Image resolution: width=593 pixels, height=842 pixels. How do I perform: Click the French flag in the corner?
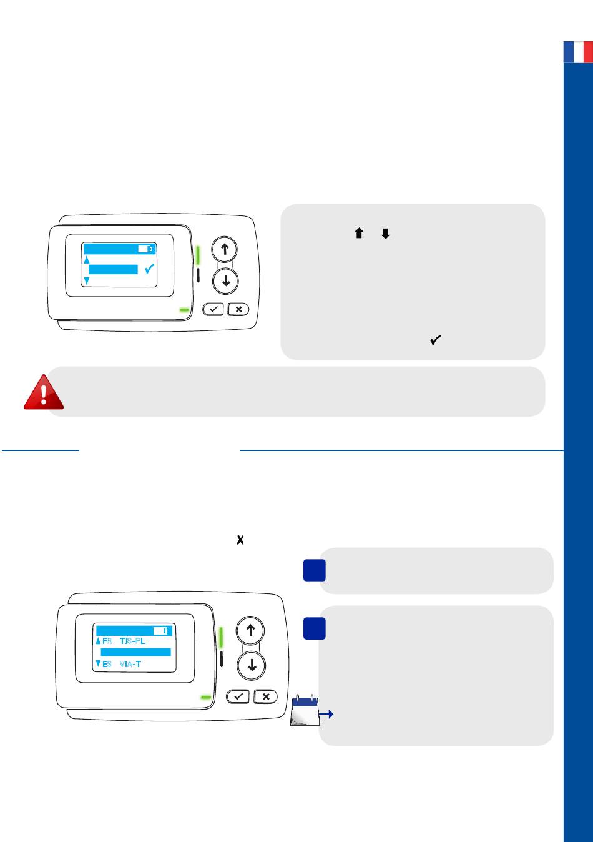578,52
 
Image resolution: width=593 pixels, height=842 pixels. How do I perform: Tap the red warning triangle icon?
44,392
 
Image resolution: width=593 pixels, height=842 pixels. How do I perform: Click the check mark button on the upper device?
213,309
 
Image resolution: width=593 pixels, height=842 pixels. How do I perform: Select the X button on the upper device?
238,309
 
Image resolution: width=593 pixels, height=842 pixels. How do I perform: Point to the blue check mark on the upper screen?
149,269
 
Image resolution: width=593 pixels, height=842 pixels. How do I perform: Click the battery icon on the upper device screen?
145,249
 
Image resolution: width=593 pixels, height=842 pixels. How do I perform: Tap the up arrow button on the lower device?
250,630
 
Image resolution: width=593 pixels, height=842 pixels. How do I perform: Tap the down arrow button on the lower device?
252,666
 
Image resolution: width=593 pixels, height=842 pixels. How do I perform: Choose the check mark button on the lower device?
238,696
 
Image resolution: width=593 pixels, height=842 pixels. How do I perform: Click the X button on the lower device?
266,696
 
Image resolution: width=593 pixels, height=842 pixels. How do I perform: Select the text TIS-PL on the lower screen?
132,641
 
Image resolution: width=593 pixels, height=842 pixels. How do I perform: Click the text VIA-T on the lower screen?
130,664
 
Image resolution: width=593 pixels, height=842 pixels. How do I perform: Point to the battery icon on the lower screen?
160,631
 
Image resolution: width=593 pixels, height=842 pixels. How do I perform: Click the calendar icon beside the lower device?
305,710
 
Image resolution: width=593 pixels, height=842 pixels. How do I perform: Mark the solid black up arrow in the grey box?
359,233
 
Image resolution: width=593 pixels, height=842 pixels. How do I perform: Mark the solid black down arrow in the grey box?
385,234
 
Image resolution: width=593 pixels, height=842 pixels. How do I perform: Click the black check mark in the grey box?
436,340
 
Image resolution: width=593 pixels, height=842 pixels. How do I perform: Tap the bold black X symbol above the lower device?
240,540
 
